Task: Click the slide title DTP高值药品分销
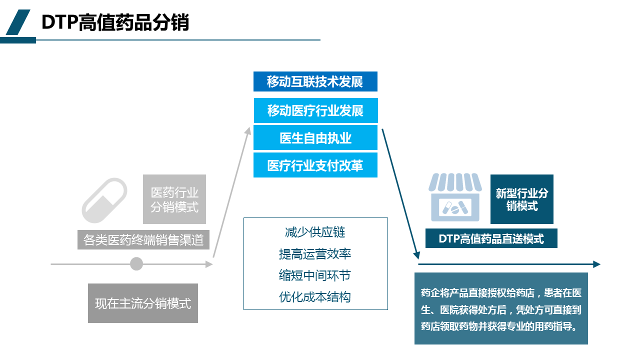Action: coord(115,22)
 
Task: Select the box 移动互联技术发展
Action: coord(315,81)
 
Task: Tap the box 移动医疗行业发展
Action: coord(315,110)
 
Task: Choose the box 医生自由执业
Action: coord(315,138)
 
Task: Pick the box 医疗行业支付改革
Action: coord(315,165)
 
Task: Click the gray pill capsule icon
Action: coord(104,200)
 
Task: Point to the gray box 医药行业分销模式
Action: coord(174,199)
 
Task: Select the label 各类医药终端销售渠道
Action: coord(143,240)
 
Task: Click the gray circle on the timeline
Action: coord(136,263)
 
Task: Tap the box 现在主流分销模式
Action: coord(143,303)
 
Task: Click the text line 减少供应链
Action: coord(315,232)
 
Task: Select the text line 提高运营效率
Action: coord(315,254)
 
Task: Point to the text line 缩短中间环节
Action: coord(315,275)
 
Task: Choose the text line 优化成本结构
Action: coord(315,297)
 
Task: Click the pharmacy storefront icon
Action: coord(455,197)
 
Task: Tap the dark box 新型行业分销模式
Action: coord(521,199)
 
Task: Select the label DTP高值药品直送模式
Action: coord(491,238)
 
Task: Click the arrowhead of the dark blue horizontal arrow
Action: coord(596,264)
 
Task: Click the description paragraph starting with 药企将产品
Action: coord(501,309)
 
